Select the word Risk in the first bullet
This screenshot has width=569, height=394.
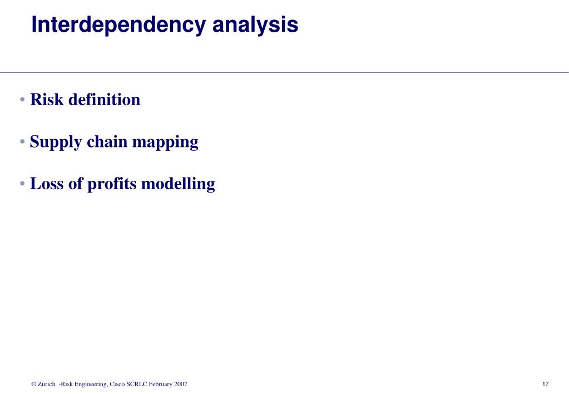[x=45, y=100]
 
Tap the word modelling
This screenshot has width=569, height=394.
[x=178, y=184]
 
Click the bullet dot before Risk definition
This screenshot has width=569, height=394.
[x=22, y=100]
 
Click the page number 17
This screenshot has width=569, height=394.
[x=545, y=385]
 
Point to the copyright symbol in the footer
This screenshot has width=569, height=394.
[x=34, y=385]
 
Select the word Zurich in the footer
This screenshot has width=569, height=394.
[x=46, y=385]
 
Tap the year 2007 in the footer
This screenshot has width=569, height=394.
[x=180, y=385]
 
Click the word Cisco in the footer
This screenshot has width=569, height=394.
[x=117, y=385]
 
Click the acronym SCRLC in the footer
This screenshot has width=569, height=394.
[x=137, y=385]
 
